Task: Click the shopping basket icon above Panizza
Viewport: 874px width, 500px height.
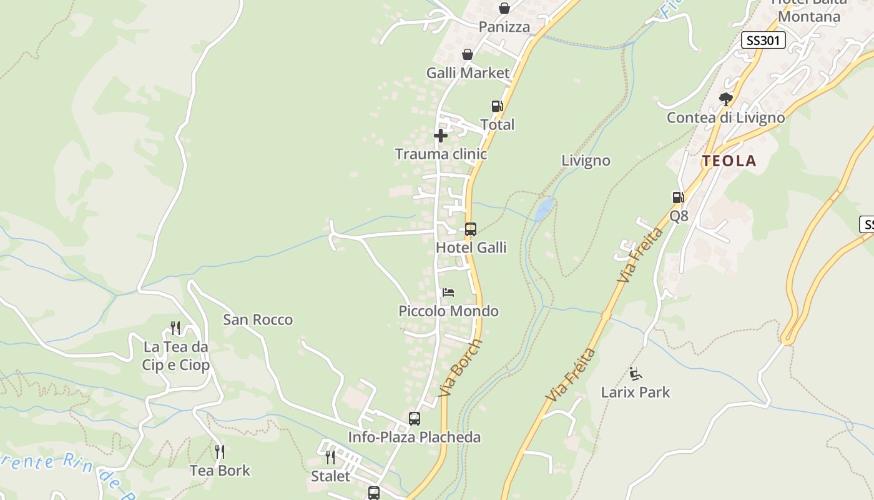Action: click(504, 8)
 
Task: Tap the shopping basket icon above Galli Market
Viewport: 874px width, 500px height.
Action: click(467, 55)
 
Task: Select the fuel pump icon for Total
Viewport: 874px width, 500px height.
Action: click(497, 106)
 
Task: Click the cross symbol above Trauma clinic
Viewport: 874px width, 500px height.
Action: click(441, 136)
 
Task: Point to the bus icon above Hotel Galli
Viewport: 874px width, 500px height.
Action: click(470, 229)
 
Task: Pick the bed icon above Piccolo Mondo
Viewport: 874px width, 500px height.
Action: click(448, 292)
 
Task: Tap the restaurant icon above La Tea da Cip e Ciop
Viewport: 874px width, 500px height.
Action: click(175, 327)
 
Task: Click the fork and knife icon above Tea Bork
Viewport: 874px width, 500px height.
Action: click(219, 451)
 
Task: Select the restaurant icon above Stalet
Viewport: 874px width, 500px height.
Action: click(330, 457)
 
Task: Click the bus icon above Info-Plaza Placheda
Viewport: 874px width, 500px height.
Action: click(414, 419)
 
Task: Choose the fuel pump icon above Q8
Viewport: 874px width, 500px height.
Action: click(678, 197)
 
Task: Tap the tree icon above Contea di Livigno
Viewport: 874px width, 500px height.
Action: click(725, 99)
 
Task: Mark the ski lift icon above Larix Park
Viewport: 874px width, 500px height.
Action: click(636, 374)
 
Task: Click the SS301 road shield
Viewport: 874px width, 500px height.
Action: click(763, 41)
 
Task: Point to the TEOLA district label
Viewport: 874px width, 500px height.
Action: click(729, 161)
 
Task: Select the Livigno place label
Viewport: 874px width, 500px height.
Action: click(586, 161)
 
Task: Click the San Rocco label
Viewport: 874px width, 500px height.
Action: click(258, 320)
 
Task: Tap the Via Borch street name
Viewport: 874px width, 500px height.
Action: click(461, 368)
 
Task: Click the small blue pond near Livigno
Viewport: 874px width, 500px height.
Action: click(544, 209)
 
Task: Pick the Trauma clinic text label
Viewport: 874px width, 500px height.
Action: click(441, 154)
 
